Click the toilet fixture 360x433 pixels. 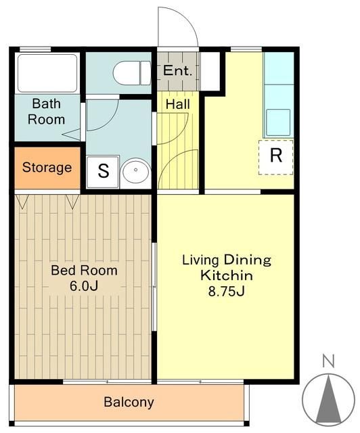click(x=131, y=73)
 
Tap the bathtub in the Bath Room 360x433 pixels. click(x=47, y=73)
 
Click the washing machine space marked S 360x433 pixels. click(x=103, y=172)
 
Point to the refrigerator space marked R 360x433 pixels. click(x=275, y=157)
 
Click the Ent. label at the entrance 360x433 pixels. click(x=177, y=70)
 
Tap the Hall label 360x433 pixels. click(x=178, y=104)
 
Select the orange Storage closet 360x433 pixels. click(x=47, y=168)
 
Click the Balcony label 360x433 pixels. click(x=129, y=402)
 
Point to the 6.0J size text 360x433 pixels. click(x=84, y=286)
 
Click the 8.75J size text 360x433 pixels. click(x=226, y=291)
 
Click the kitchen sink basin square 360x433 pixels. click(x=278, y=122)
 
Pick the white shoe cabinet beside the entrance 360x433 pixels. click(x=210, y=71)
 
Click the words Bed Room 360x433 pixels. click(x=85, y=271)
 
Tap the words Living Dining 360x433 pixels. click(x=227, y=260)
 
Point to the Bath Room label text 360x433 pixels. click(x=47, y=112)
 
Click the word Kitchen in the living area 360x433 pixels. click(x=227, y=275)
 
